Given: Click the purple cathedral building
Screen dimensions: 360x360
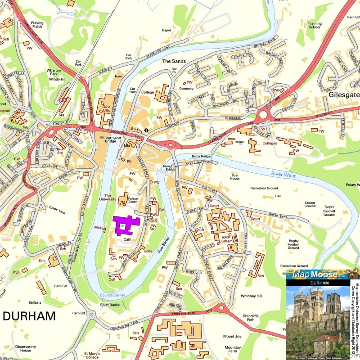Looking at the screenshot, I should (x=127, y=225).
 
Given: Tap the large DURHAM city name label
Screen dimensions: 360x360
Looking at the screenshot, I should (x=29, y=315).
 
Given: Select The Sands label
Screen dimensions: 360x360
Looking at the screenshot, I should (x=173, y=61).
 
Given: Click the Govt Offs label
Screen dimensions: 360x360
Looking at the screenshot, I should (x=106, y=108).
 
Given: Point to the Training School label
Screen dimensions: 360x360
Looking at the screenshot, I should (x=314, y=25).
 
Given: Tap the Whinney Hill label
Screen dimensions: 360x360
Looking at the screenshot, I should (x=251, y=296).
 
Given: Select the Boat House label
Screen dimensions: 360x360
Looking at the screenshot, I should (x=235, y=177).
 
